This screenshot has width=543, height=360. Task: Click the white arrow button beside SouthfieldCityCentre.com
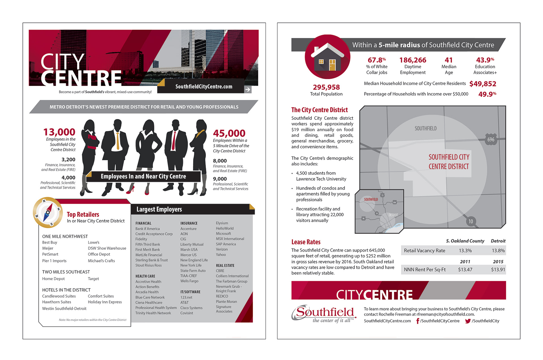[247, 90]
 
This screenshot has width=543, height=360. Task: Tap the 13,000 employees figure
[59, 132]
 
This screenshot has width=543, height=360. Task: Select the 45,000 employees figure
[229, 133]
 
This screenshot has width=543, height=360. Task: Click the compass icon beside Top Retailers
[48, 212]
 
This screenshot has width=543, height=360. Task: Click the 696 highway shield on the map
[491, 139]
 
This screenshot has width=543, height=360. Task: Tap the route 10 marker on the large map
[471, 221]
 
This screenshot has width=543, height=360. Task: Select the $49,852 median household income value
[482, 84]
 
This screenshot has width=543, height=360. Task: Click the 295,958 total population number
[326, 87]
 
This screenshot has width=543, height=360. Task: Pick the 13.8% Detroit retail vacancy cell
[498, 251]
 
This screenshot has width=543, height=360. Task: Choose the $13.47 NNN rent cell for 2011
[465, 270]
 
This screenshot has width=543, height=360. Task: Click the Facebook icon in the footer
[418, 321]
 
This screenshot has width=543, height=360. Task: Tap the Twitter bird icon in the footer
[468, 321]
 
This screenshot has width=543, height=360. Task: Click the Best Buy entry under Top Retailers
[49, 242]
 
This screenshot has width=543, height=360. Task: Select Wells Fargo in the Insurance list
[189, 281]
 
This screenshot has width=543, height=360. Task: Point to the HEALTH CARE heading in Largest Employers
[145, 276]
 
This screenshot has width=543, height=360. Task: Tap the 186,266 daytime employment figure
[413, 60]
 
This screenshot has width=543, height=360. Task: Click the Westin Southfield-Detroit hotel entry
[64, 309]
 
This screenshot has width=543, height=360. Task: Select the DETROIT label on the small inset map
[393, 215]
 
